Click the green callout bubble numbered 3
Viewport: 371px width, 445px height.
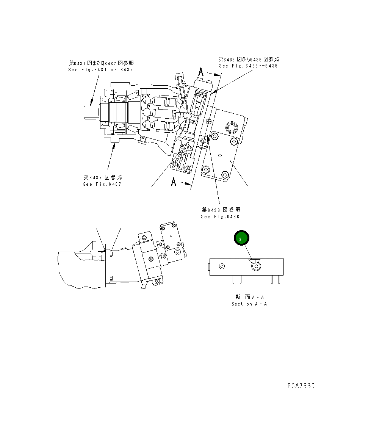[241, 238]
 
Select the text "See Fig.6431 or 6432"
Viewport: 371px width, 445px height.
[100, 70]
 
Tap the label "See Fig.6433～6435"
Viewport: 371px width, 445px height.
[248, 66]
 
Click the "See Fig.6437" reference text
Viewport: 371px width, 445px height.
[103, 184]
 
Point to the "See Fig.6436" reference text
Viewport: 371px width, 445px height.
[220, 217]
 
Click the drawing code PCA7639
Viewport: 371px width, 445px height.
[301, 386]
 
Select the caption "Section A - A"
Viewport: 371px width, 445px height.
[249, 304]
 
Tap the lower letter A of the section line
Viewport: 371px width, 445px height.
[174, 182]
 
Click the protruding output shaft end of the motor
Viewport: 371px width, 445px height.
[89, 113]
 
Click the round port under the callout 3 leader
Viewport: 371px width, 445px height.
[257, 266]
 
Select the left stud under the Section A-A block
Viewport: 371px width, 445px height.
[237, 279]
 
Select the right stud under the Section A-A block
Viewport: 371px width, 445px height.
[276, 279]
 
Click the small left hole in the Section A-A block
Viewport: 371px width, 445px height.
[222, 266]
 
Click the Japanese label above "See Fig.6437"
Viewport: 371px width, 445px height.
[103, 177]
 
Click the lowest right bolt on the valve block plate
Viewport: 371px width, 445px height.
[225, 175]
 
